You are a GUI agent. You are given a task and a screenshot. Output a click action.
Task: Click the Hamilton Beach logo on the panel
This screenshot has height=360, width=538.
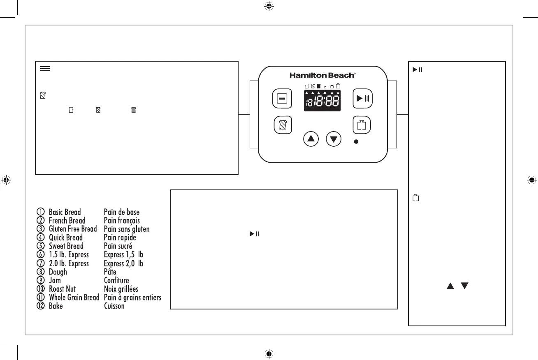click(322, 75)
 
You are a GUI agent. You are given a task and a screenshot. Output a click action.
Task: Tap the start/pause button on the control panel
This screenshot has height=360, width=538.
click(362, 99)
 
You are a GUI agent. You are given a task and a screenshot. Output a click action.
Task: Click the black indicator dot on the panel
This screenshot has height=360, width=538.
click(356, 141)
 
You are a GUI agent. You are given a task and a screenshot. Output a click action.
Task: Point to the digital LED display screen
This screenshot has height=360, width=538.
click(322, 100)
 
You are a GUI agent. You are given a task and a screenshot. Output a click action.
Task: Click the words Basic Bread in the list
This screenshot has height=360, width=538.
click(65, 212)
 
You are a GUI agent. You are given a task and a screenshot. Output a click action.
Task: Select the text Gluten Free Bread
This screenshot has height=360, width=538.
click(73, 229)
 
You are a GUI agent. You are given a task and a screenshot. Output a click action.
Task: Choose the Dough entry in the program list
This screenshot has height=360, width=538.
click(58, 272)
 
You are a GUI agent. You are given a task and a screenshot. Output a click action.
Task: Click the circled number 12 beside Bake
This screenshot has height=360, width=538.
click(40, 306)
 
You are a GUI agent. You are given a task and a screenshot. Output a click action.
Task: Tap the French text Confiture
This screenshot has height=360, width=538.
click(116, 280)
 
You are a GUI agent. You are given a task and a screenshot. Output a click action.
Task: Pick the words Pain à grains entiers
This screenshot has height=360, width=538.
click(132, 298)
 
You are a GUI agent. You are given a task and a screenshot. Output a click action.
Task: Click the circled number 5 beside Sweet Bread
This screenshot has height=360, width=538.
click(40, 246)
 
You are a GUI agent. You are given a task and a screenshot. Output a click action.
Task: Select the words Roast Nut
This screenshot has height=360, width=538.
click(62, 289)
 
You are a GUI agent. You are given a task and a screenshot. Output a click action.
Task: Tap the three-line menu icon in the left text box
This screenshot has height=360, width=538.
click(45, 69)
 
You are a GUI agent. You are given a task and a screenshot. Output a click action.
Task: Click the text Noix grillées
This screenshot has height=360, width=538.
click(121, 289)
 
